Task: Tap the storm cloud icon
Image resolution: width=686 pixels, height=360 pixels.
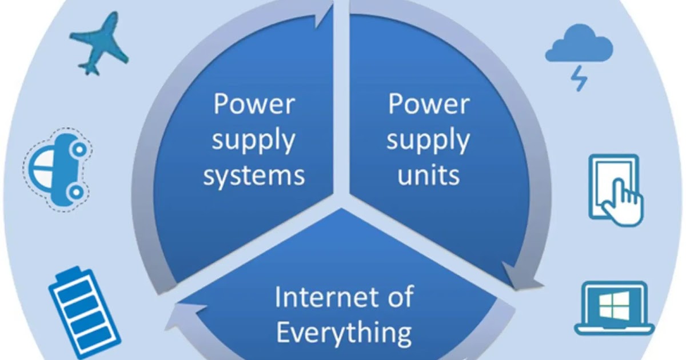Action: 579,47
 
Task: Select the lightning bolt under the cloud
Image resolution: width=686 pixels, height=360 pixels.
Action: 579,79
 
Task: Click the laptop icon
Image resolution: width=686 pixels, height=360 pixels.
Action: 613,309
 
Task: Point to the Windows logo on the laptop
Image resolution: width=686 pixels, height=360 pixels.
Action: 613,307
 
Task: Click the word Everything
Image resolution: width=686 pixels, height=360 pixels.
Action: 344,331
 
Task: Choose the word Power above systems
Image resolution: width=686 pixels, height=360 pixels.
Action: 254,105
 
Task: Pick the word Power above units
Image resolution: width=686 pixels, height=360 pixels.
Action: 429,105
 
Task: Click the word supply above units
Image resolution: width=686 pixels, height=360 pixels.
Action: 428,141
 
